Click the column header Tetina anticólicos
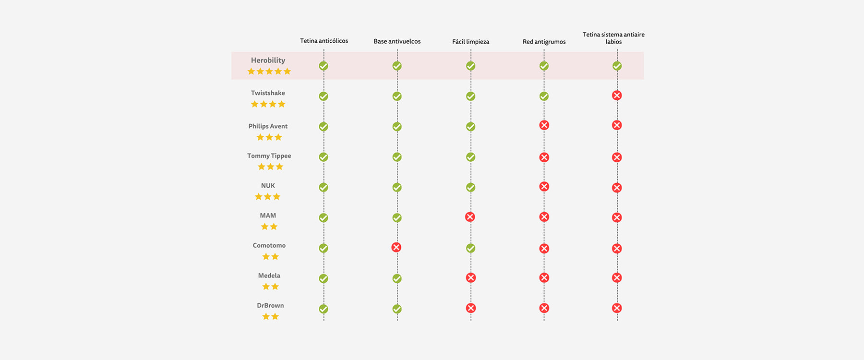(x=324, y=41)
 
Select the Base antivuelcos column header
(x=397, y=41)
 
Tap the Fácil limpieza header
(x=470, y=42)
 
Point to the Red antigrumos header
(x=544, y=42)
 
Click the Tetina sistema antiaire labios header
(x=613, y=38)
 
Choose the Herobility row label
(x=268, y=60)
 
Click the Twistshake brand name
(x=268, y=93)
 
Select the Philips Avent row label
(x=268, y=126)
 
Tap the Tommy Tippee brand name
(x=269, y=156)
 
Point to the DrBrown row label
(x=270, y=305)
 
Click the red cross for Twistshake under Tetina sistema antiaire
(x=617, y=95)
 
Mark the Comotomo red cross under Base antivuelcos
(x=396, y=247)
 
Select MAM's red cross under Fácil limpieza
(x=470, y=217)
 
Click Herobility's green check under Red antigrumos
(x=544, y=66)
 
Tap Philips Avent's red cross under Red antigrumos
(x=544, y=125)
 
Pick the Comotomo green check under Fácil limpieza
(x=470, y=248)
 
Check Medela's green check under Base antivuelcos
(x=397, y=278)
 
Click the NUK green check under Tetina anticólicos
(x=324, y=187)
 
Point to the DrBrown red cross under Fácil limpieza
(x=470, y=308)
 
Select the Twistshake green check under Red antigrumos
(x=544, y=96)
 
